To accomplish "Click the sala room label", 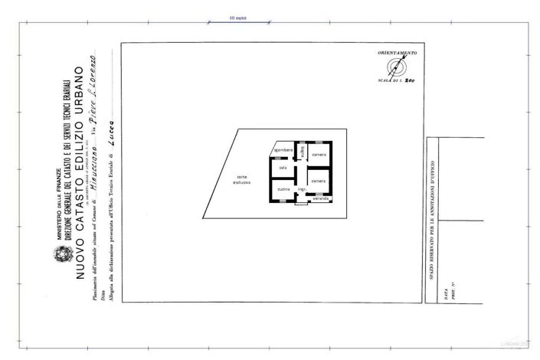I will coord(283,167).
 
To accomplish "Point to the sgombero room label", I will coord(283,149).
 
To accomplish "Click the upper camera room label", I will coord(319,155).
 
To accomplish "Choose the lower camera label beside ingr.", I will coord(319,181).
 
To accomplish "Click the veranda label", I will coord(320,198).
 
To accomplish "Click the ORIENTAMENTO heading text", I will coord(397,52).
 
